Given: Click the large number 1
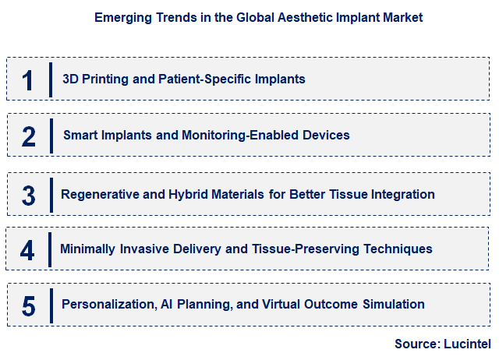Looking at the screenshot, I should [x=28, y=79].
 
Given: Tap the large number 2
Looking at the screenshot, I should [x=29, y=136].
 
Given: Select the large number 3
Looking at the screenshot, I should [x=29, y=195].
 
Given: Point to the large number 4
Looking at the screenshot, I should [x=28, y=250].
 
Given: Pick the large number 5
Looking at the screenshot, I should [x=29, y=305].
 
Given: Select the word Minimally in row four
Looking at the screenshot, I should [x=88, y=249].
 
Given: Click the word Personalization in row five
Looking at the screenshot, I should [x=108, y=304].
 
